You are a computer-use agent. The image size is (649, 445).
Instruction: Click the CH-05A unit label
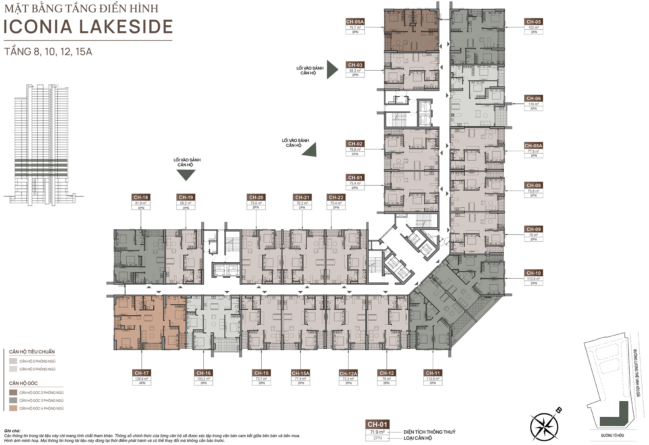coord(355,22)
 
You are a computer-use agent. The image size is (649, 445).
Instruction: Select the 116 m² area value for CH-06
coord(533,104)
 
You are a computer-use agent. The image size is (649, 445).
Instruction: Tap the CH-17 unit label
coord(141,373)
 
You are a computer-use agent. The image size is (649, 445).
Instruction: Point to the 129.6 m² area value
coord(141,379)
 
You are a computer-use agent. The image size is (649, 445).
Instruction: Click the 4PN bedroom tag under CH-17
coord(142,383)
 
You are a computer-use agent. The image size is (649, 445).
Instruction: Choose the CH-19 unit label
coord(186,197)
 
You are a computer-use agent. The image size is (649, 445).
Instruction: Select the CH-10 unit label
coord(533,273)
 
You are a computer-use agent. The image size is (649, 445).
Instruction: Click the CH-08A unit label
coord(533,146)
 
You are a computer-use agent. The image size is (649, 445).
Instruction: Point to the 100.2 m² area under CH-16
coord(204,379)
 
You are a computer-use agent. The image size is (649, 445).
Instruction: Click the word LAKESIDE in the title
coord(126,27)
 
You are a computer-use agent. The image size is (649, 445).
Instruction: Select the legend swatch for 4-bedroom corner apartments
coord(13,408)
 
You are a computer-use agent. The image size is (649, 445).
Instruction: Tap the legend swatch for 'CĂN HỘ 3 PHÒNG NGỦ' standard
coord(13,369)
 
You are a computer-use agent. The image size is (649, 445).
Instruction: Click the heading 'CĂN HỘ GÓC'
coord(23,383)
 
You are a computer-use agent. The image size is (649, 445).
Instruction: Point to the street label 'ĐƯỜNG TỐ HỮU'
coord(612,435)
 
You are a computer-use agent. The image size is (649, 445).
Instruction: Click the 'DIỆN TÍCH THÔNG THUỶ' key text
coord(429,432)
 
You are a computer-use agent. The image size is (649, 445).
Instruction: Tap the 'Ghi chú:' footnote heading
coord(12,431)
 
